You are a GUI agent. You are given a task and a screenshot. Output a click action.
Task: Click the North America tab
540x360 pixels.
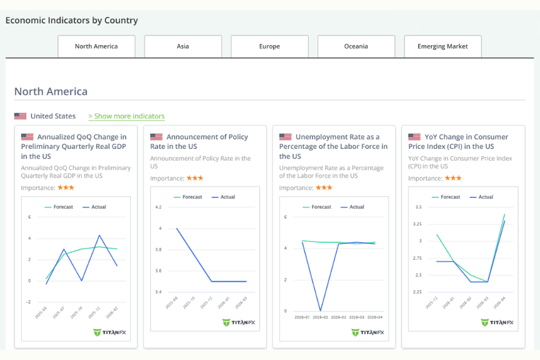point(96,46)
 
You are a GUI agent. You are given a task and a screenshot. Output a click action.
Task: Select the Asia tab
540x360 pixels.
point(183,46)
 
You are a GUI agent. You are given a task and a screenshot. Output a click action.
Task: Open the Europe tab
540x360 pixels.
point(269,46)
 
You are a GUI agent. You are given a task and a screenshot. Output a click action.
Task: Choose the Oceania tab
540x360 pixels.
point(356,46)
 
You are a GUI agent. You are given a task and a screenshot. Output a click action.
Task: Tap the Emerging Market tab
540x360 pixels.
point(442,46)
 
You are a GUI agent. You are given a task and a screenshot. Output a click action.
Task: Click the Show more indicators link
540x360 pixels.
point(127,116)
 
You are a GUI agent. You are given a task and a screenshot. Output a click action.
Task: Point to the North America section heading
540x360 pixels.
point(51,92)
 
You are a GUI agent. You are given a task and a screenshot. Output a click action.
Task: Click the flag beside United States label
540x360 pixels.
point(20,116)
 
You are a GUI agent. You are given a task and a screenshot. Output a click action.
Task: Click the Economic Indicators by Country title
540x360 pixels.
point(71,20)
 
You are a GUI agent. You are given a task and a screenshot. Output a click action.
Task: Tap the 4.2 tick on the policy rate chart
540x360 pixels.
point(158,207)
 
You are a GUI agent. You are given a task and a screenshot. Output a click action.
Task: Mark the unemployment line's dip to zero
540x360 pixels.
point(320,310)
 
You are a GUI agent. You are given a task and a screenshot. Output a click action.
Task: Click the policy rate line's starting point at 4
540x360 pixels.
point(176,228)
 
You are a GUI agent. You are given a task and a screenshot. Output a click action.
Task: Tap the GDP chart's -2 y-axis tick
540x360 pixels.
point(28,302)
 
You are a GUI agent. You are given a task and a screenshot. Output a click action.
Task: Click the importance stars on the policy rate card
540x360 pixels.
point(195,178)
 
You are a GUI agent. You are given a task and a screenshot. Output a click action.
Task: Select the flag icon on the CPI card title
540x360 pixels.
point(414,137)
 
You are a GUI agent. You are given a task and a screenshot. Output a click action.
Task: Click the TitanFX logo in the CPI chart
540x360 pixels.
point(497,322)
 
